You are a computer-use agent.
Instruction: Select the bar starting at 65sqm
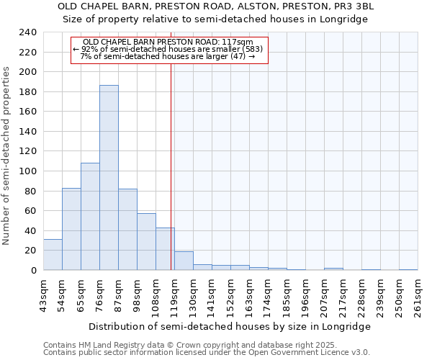(90, 216)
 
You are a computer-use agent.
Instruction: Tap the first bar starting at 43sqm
(53, 255)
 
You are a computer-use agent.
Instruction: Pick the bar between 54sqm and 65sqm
(71, 229)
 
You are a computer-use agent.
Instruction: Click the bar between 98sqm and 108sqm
(146, 242)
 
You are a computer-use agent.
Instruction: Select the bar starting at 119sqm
(184, 261)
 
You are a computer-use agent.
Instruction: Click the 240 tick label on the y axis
(28, 33)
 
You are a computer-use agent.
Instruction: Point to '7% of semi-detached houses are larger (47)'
(168, 56)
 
